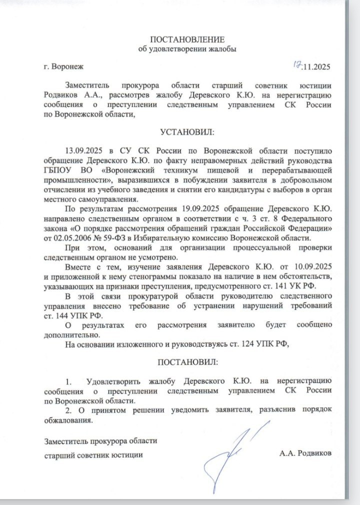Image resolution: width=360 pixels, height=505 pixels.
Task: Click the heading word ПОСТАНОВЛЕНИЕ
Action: coord(187,39)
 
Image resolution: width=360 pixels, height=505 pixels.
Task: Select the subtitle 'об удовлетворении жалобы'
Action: coord(187,49)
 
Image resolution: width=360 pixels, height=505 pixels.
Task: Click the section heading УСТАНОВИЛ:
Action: coord(187,132)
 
